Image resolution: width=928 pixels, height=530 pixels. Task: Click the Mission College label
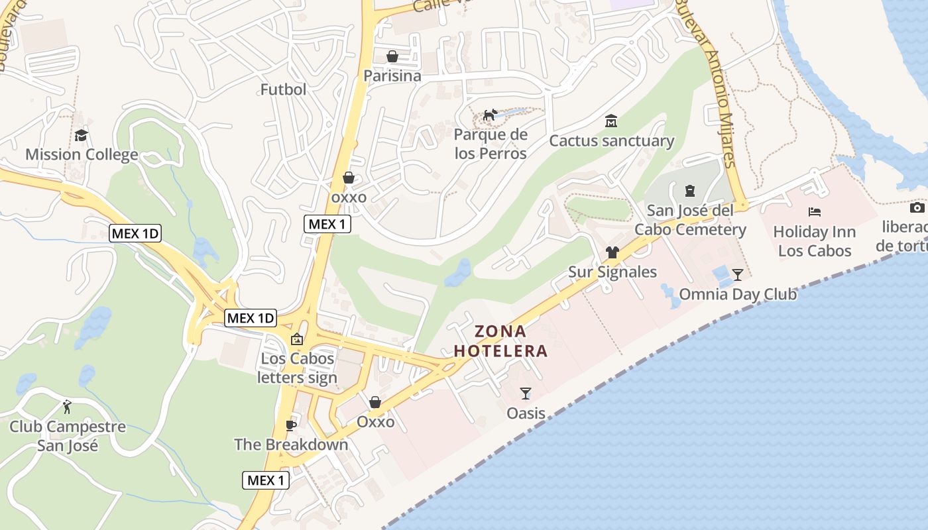(x=82, y=155)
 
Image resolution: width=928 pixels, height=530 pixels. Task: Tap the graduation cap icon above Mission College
(x=81, y=136)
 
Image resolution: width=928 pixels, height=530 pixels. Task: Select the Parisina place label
(x=392, y=76)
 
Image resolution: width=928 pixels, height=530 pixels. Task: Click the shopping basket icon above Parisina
(x=392, y=56)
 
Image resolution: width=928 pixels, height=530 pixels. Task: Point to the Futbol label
(x=283, y=89)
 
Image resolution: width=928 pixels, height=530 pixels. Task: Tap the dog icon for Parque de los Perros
(x=490, y=115)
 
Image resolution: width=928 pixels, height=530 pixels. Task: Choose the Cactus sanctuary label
(x=611, y=141)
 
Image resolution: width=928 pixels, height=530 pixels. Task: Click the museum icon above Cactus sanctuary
(x=610, y=121)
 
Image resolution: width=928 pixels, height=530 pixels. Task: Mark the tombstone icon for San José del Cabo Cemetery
(x=689, y=191)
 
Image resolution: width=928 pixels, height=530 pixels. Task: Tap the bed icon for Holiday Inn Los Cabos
(x=815, y=212)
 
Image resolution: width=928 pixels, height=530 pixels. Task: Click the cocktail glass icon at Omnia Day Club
(x=737, y=274)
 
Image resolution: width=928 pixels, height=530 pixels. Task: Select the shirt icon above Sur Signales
(x=612, y=252)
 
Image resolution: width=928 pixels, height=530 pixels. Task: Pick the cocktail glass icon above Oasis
(x=526, y=394)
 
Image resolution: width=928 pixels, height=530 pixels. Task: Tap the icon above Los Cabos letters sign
(x=297, y=339)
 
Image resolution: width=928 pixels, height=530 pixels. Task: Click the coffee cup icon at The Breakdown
(x=290, y=425)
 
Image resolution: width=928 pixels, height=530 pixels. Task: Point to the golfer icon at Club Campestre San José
(x=67, y=406)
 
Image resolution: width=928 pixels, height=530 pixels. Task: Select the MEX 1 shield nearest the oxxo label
(x=327, y=224)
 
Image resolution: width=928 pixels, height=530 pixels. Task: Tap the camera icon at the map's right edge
(x=917, y=208)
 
